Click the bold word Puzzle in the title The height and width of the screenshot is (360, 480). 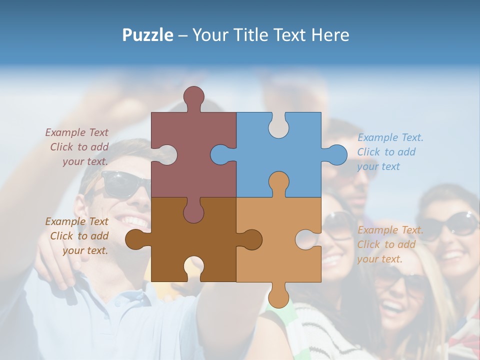point(148,35)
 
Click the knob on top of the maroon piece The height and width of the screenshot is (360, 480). point(193,97)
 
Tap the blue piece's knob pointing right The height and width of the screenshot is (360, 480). point(335,154)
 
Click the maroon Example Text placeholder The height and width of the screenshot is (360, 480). point(78,147)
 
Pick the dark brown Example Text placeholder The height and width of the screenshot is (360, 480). point(78,236)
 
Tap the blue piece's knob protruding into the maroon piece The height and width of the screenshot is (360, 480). point(220,154)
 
